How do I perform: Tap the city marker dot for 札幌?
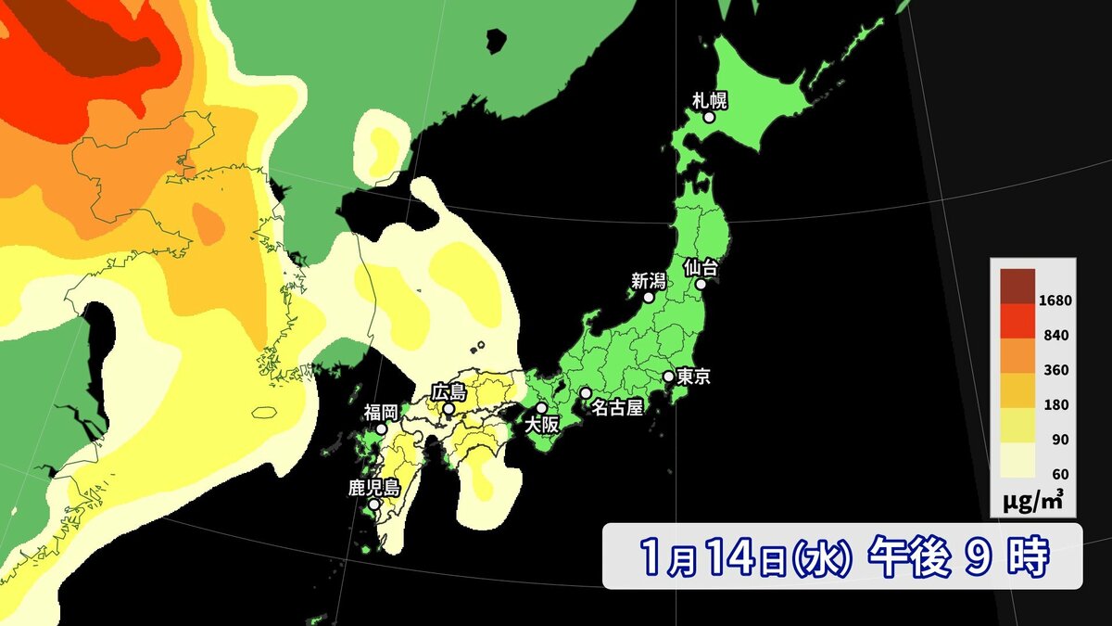point(709,118)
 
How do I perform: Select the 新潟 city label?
point(649,280)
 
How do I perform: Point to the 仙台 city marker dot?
point(701,285)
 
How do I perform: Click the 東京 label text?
point(693,377)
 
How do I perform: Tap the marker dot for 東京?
point(668,377)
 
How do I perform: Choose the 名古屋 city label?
point(616,408)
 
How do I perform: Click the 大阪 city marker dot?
point(541,408)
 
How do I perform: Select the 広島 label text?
point(449,391)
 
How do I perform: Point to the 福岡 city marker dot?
point(381,429)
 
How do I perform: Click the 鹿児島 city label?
point(373,488)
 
